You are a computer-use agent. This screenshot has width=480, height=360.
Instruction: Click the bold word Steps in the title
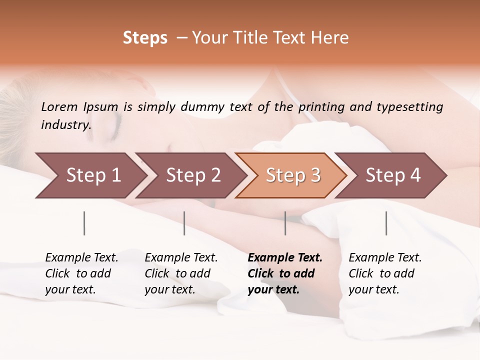pyautogui.click(x=145, y=38)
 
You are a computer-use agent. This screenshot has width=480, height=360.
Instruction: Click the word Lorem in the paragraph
pyautogui.click(x=59, y=106)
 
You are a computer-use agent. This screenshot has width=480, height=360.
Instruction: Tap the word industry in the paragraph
pyautogui.click(x=66, y=124)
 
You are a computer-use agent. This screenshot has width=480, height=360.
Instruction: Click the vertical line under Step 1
pyautogui.click(x=84, y=223)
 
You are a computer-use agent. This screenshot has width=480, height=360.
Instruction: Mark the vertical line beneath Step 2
pyautogui.click(x=184, y=223)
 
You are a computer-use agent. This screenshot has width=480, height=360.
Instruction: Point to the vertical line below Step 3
pyautogui.click(x=285, y=223)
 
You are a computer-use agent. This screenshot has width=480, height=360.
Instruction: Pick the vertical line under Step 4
pyautogui.click(x=386, y=223)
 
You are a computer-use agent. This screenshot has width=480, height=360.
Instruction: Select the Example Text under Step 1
pyautogui.click(x=81, y=273)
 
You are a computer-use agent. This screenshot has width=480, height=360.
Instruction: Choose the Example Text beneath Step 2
pyautogui.click(x=180, y=273)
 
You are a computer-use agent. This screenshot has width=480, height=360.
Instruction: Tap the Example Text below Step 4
pyautogui.click(x=384, y=273)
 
